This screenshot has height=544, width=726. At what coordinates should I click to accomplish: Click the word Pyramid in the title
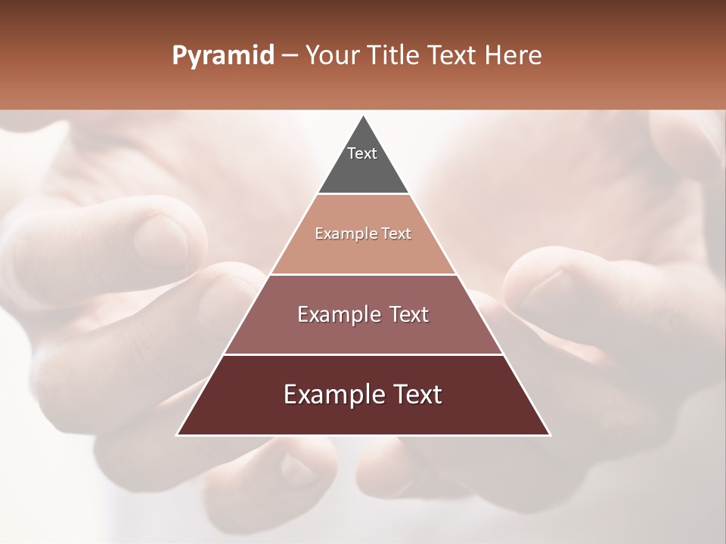(x=223, y=56)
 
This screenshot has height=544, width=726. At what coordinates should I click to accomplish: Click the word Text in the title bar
(x=454, y=56)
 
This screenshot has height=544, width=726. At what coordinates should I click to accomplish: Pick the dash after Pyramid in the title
(x=289, y=56)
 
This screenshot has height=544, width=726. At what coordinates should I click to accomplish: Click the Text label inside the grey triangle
(x=362, y=153)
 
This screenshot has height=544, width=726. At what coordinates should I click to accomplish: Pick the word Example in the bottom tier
(x=330, y=394)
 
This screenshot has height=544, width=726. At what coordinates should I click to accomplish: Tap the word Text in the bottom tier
(x=414, y=394)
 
